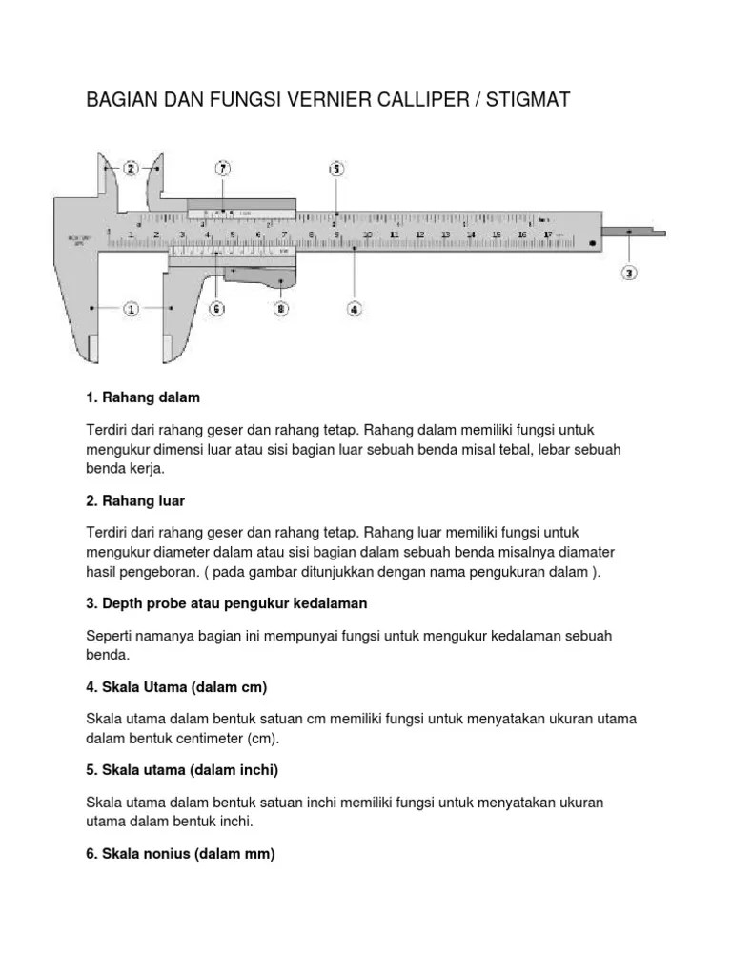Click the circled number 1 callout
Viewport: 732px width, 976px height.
(131, 309)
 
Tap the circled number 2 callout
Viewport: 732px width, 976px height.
(131, 168)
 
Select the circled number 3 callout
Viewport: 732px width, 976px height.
(629, 273)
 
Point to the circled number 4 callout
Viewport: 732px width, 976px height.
(354, 308)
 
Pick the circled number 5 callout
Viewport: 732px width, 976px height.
(335, 169)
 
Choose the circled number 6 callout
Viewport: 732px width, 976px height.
(216, 308)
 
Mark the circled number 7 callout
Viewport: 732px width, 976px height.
(223, 169)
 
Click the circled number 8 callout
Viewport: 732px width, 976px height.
(280, 308)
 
